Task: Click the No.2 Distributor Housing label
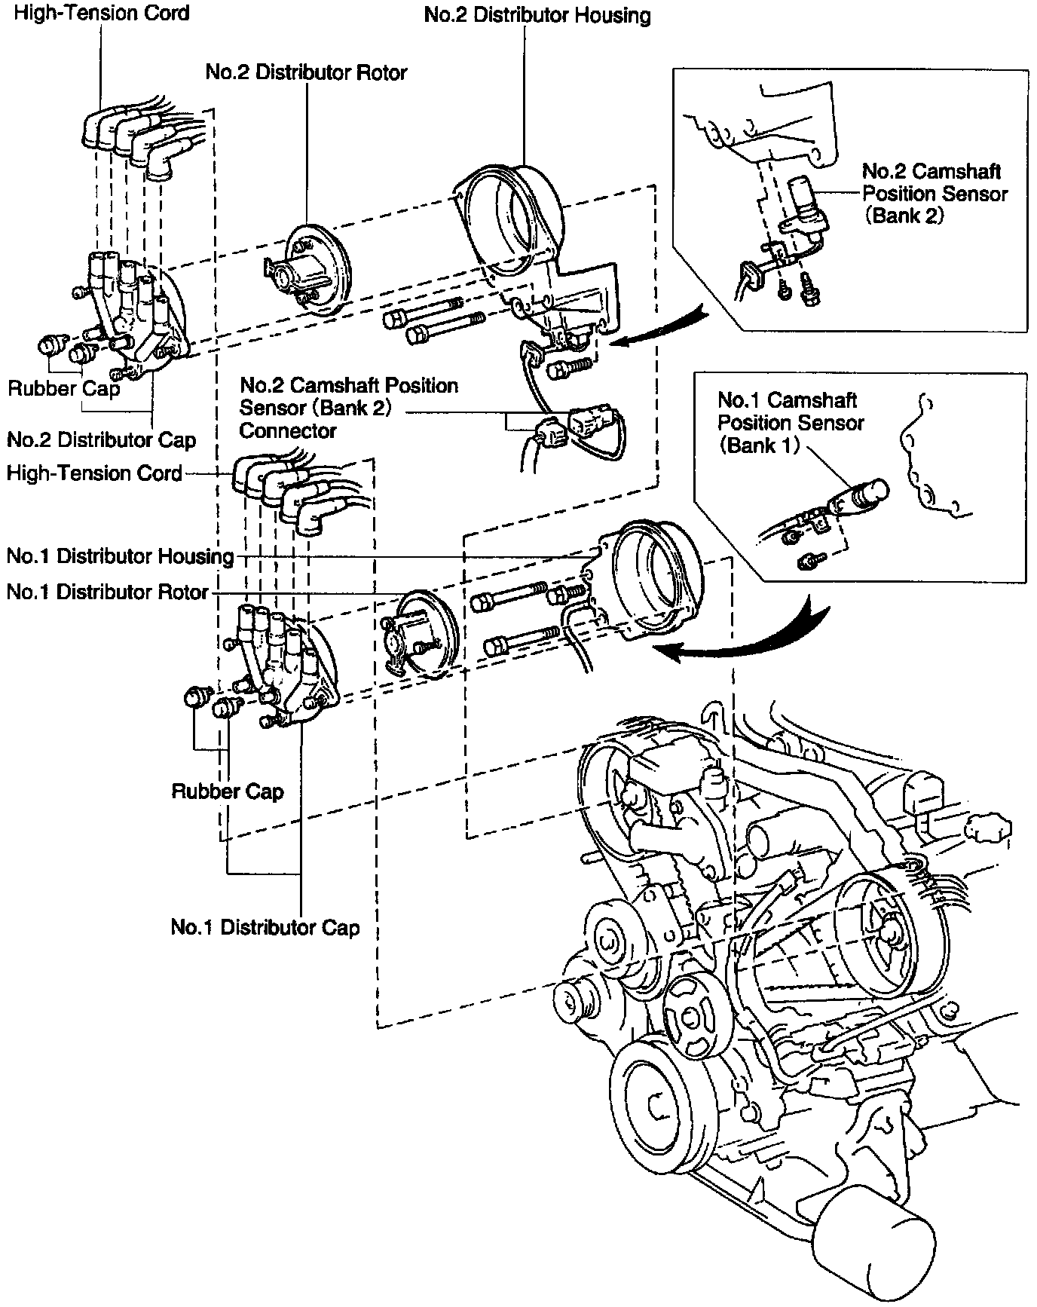click(x=537, y=16)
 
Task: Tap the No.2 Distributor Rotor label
click(x=306, y=72)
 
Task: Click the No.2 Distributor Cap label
click(x=101, y=439)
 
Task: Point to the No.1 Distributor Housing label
click(x=120, y=556)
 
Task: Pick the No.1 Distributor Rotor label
click(x=107, y=592)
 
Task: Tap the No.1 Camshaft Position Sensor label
click(x=791, y=422)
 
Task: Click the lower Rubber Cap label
click(x=228, y=791)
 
